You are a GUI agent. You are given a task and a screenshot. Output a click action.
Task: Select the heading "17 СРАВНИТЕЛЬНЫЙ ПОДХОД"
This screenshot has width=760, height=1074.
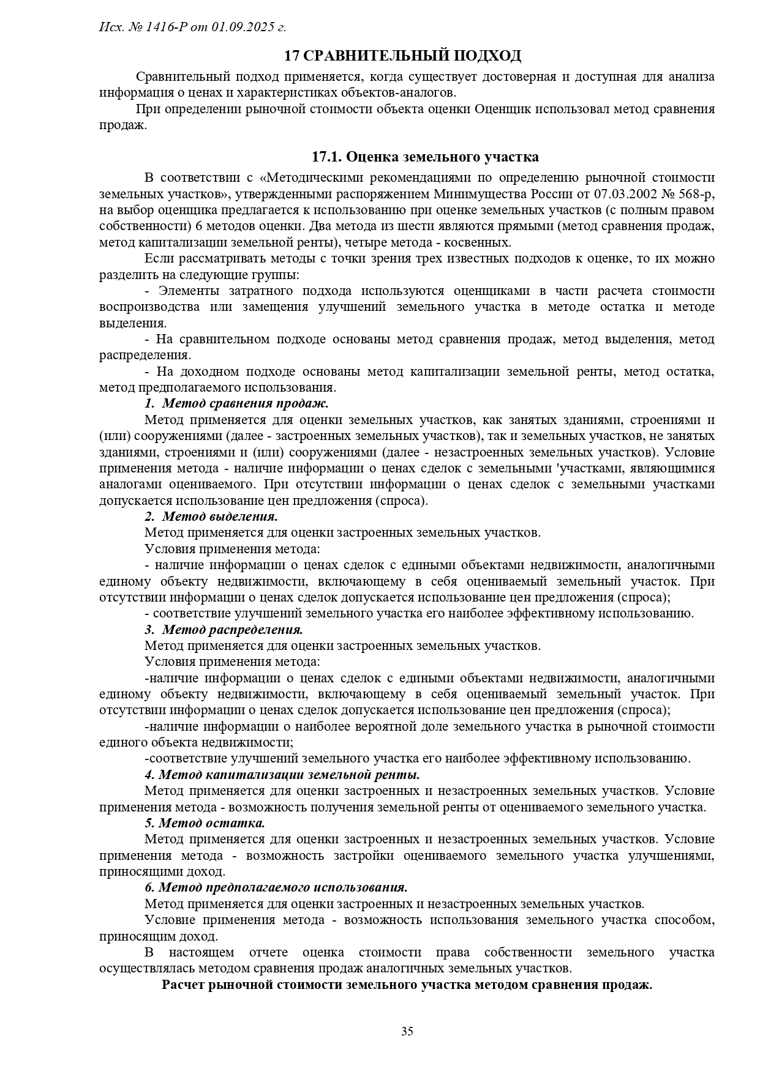click(x=402, y=56)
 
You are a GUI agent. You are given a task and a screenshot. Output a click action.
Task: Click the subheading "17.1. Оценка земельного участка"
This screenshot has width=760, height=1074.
click(x=425, y=157)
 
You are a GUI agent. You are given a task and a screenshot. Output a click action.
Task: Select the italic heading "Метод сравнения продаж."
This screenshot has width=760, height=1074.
click(x=246, y=403)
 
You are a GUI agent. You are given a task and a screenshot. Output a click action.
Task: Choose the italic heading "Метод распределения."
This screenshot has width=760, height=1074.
click(x=233, y=629)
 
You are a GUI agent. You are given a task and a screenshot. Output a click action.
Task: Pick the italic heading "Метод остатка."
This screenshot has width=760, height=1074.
click(x=212, y=823)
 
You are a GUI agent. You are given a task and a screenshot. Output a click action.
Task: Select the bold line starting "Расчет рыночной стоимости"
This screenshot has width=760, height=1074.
click(x=407, y=985)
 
